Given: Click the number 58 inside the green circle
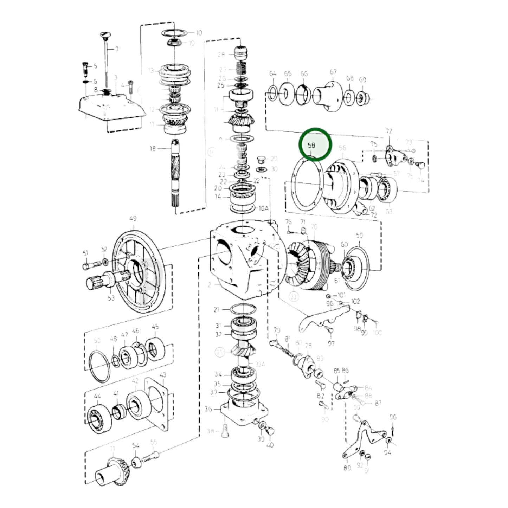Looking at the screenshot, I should click(311, 145).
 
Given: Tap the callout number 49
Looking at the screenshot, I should click(133, 218).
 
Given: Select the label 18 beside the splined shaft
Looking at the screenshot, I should click(152, 149).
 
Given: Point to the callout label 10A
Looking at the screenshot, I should click(263, 208).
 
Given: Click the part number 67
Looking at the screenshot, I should click(333, 72).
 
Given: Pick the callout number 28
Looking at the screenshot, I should click(221, 54).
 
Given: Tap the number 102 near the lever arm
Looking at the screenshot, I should click(355, 301).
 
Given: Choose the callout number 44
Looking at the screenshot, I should click(97, 396).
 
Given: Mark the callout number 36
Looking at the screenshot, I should click(208, 409).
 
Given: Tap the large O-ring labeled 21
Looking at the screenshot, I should click(243, 310).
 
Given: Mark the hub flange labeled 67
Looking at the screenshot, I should click(327, 96).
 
